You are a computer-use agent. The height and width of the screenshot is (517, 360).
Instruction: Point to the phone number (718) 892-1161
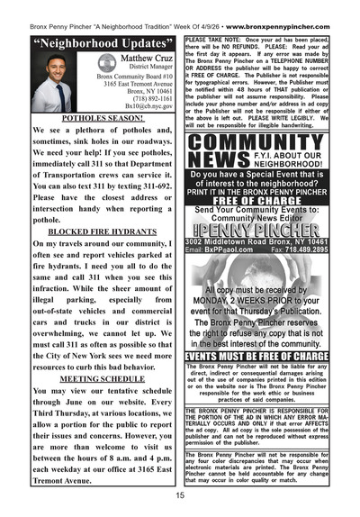(126, 97)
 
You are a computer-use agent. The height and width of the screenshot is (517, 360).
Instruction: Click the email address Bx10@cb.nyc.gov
(126, 105)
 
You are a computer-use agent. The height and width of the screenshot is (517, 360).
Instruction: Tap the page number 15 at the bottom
(181, 495)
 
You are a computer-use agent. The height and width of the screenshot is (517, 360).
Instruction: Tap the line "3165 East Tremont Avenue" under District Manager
(121, 83)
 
